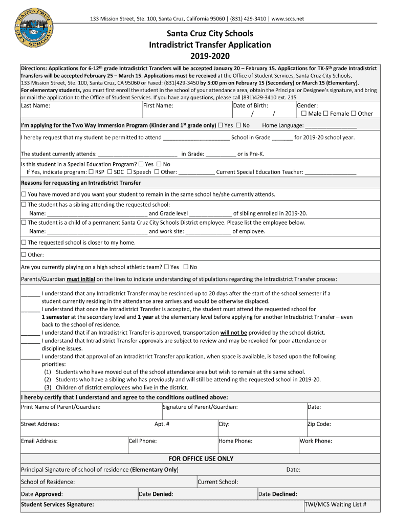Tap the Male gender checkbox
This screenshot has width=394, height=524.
[x=304, y=114]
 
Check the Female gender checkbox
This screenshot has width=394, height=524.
[x=326, y=114]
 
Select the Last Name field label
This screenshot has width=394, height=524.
[x=35, y=105]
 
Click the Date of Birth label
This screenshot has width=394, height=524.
[x=250, y=105]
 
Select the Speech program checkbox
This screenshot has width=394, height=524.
[x=129, y=172]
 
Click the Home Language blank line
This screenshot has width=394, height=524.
[x=331, y=125]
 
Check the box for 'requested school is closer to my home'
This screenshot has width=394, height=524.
[x=24, y=243]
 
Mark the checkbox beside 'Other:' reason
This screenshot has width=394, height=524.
[x=24, y=255]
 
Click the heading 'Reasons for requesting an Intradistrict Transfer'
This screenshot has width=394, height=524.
[x=80, y=183]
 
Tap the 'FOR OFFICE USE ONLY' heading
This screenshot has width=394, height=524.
[x=201, y=458]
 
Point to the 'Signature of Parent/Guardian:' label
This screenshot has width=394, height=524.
[x=200, y=407]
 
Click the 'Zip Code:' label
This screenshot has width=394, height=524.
[x=319, y=424]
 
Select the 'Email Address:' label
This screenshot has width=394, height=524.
[x=39, y=441]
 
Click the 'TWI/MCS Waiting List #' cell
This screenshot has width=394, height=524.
[x=335, y=504]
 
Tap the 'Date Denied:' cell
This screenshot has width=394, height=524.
[x=156, y=494]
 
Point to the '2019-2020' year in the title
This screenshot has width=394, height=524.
[x=210, y=56]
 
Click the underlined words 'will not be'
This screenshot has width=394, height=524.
[x=233, y=333]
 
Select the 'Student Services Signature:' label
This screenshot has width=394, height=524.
[x=57, y=504]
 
